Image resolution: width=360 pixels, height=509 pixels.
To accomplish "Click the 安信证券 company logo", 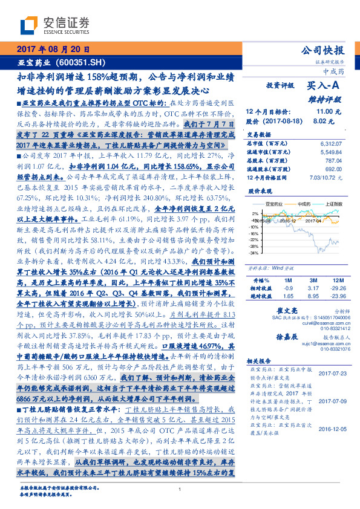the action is (54, 24).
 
